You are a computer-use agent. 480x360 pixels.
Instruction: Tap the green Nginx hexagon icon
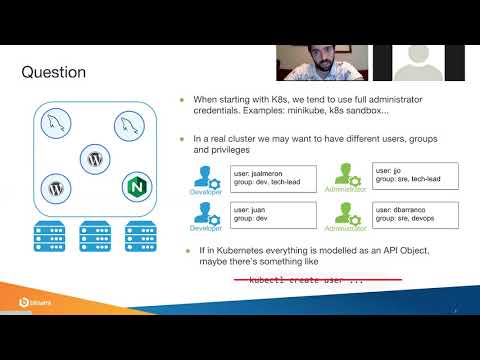point(137,185)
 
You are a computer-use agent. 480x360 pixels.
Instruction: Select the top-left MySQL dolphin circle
point(55,125)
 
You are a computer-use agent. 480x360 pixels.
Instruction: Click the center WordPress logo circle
point(96,157)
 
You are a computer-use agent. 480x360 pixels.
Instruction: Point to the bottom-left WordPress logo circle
point(55,186)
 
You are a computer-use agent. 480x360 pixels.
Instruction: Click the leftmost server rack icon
point(50,237)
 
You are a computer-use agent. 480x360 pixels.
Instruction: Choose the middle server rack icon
point(96,237)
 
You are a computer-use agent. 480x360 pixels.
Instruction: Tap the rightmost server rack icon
point(141,237)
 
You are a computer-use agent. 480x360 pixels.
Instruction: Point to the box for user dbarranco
point(406,214)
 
